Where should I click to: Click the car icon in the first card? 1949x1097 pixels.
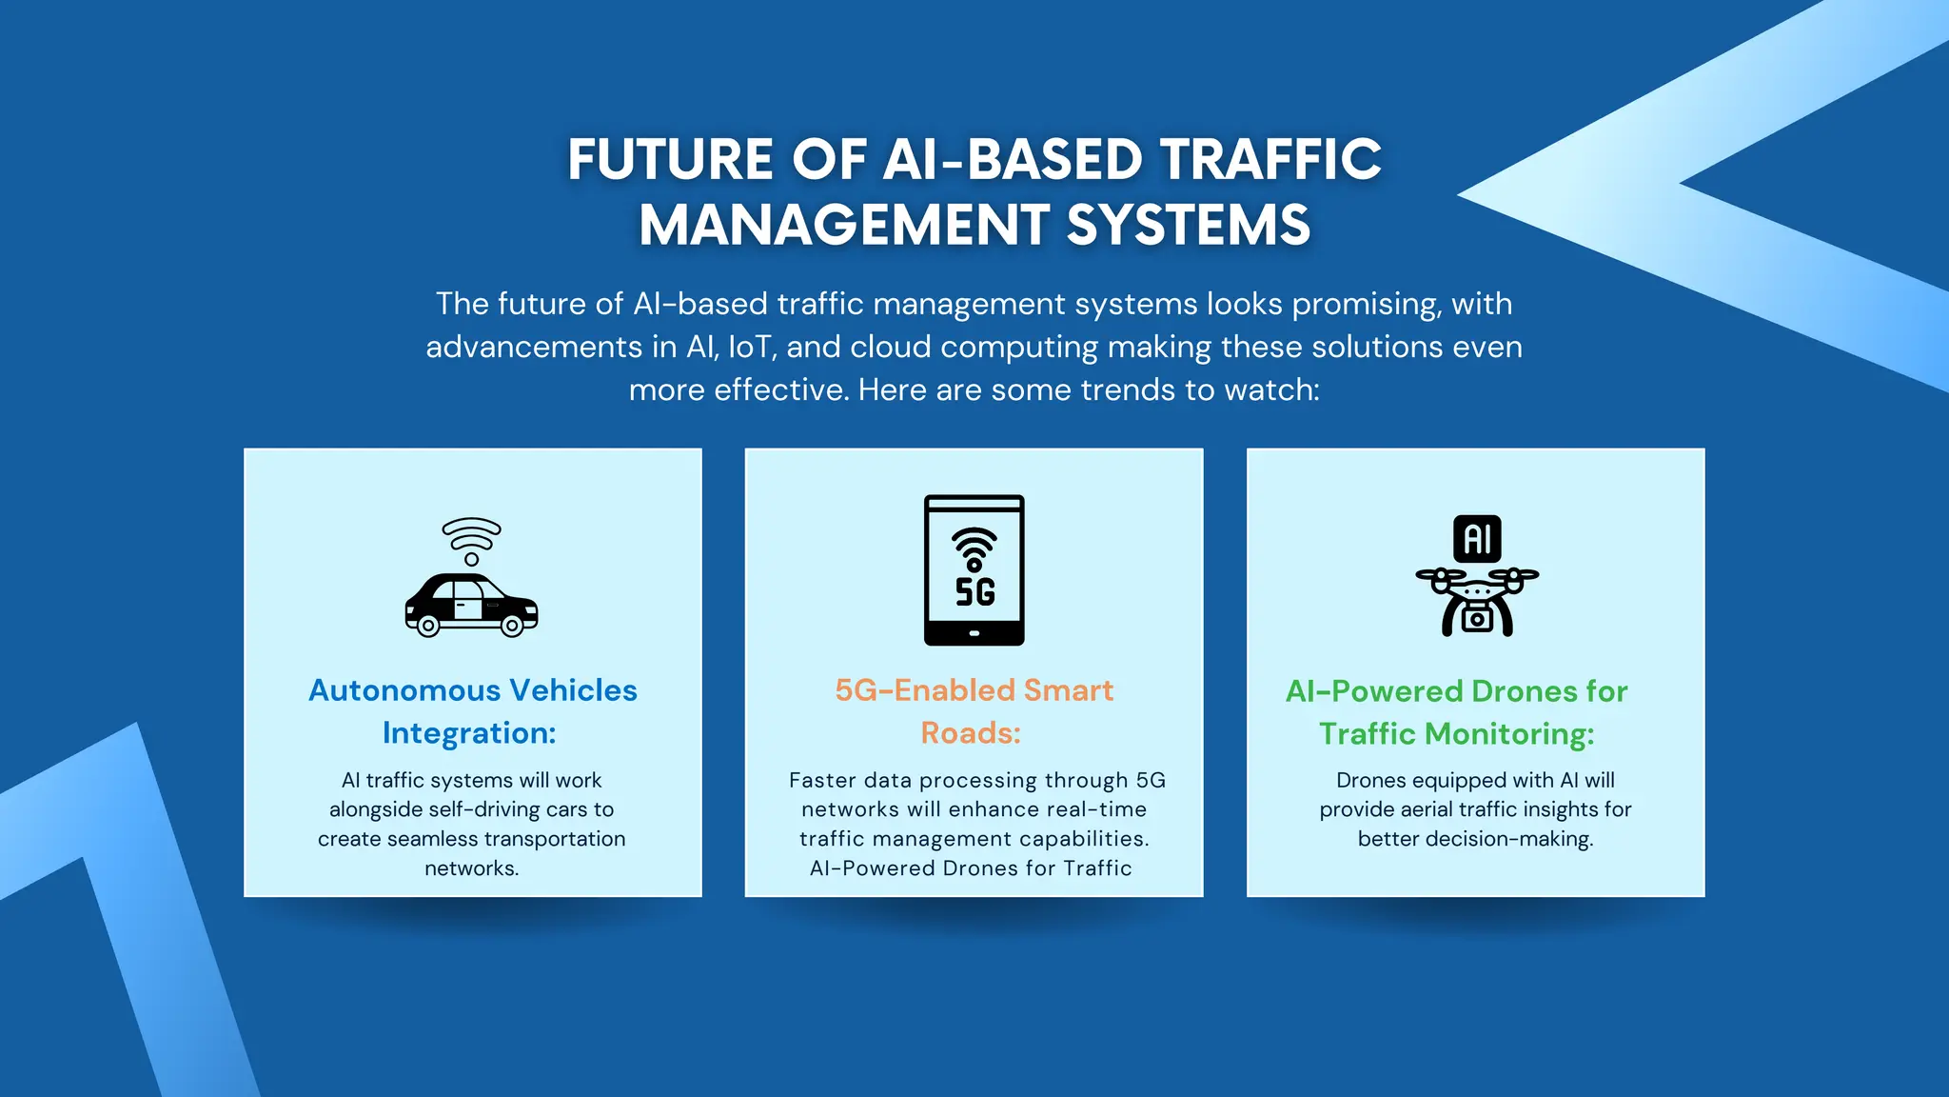471,605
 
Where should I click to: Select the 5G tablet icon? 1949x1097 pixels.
974,569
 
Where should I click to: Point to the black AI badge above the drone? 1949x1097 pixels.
1477,539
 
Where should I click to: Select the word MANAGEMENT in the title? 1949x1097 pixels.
843,226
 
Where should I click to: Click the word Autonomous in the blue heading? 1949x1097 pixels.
404,690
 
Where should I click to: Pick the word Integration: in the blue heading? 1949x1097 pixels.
469,733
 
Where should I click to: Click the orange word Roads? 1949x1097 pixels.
971,733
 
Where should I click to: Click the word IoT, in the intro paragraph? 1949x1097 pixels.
753,348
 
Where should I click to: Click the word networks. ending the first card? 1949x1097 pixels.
471,868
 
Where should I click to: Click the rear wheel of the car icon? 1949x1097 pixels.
428,626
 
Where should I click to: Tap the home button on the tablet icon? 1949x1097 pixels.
974,633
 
